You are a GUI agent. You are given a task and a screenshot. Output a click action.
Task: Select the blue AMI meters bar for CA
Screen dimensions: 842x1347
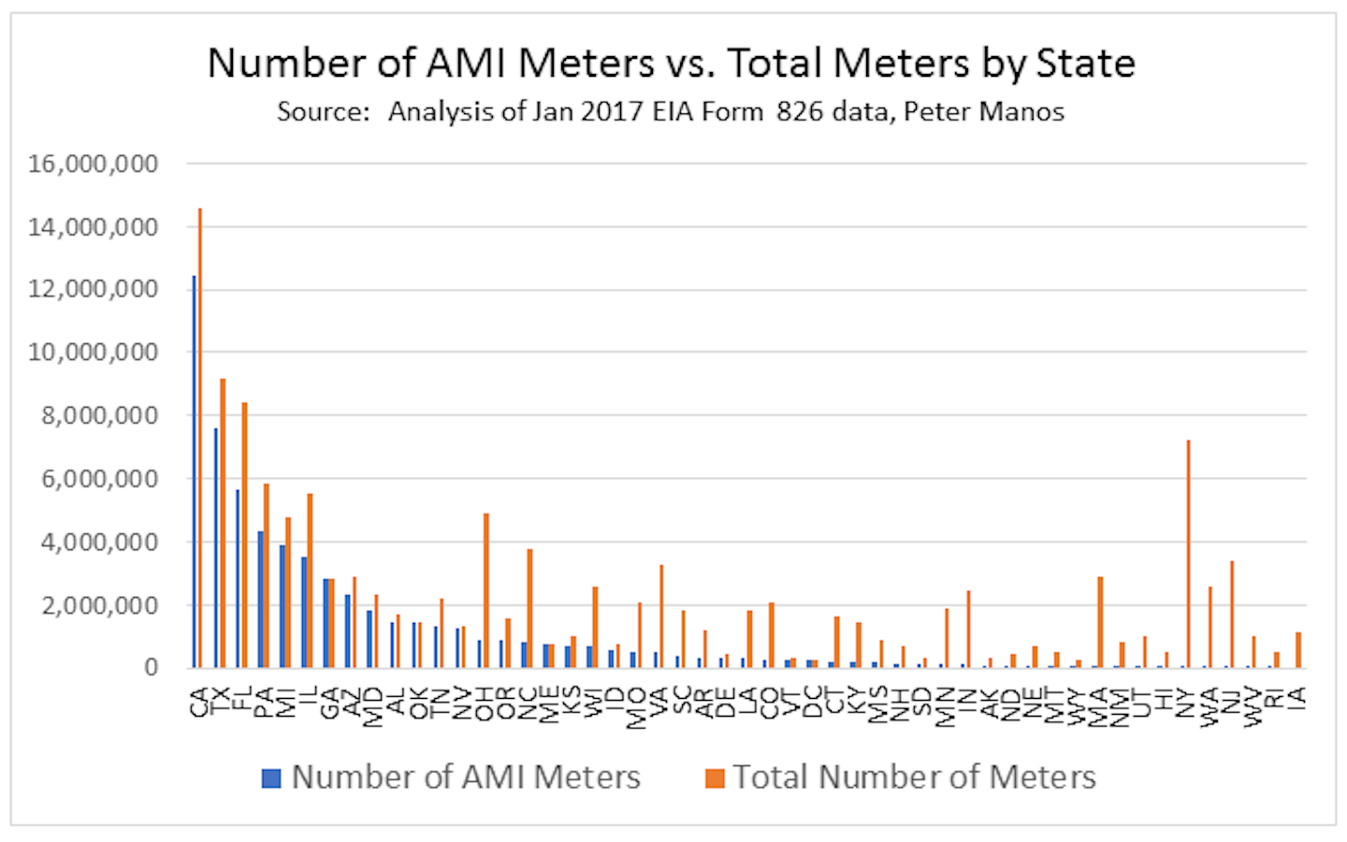tap(194, 472)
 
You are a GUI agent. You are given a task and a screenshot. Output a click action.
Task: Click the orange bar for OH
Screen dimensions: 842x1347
tap(486, 590)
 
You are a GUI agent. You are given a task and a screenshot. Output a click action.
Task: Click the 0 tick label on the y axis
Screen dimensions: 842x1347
tap(151, 667)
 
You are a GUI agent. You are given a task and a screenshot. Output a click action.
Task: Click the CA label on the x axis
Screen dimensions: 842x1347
tap(198, 702)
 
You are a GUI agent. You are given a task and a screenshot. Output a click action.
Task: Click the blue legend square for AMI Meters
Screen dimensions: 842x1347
tap(271, 777)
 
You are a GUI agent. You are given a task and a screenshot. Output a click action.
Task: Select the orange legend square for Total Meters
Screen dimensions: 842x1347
tap(715, 777)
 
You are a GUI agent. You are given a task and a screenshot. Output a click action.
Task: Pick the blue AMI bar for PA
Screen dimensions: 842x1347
tap(261, 600)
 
